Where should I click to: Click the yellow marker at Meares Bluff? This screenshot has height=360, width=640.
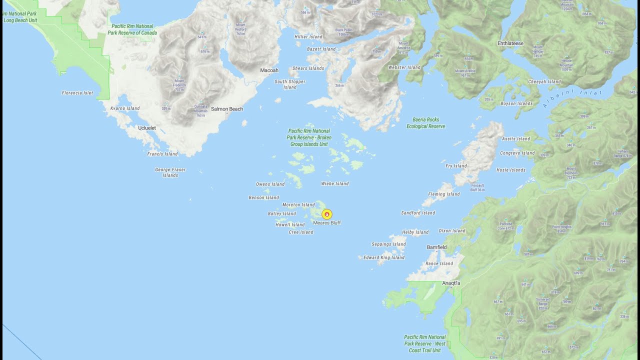tap(326, 214)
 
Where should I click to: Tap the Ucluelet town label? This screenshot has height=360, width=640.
tap(147, 128)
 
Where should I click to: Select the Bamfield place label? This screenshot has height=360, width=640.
tap(436, 247)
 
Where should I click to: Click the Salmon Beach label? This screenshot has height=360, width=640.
tap(227, 109)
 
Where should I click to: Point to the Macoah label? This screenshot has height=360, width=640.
tap(269, 70)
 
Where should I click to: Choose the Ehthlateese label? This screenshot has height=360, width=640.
tap(510, 43)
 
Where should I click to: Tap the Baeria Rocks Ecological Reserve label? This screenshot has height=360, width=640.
tap(425, 123)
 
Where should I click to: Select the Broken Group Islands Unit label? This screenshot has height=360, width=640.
tap(309, 137)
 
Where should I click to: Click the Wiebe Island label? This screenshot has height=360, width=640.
tap(334, 184)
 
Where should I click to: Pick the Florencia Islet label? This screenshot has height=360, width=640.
tap(77, 93)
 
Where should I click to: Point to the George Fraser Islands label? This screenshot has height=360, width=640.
tap(170, 172)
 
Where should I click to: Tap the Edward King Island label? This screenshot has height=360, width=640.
tap(384, 257)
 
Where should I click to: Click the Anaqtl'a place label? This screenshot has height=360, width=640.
tap(451, 283)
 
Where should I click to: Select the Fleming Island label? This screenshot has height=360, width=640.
tap(443, 194)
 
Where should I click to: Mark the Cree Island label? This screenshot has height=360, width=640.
tap(301, 232)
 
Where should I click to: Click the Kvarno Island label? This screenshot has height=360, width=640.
tap(125, 108)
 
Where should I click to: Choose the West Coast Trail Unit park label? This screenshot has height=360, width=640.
tap(424, 344)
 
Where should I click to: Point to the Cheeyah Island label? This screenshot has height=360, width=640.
tap(544, 82)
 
